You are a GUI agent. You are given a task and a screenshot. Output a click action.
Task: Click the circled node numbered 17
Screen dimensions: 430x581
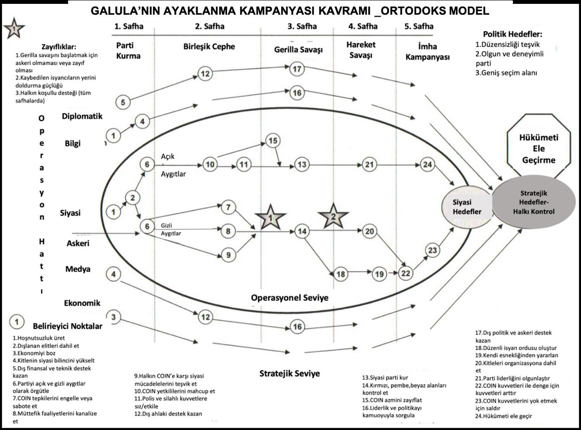[297, 69]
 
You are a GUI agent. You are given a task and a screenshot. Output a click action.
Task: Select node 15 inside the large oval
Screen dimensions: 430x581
[273, 141]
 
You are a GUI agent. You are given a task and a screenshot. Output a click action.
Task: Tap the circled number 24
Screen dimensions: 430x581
[428, 165]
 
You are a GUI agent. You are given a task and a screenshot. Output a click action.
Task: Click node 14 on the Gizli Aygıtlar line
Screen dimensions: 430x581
[302, 231]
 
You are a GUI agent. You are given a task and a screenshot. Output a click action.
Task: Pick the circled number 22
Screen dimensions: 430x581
[406, 273]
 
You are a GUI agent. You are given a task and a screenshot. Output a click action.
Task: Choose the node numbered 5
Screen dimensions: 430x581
[123, 102]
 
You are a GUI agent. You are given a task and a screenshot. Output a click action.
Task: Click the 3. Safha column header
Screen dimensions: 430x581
[302, 26]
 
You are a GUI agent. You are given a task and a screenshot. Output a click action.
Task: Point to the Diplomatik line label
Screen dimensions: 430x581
[82, 116]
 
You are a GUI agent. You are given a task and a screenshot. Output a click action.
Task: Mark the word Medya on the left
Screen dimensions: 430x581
[78, 269]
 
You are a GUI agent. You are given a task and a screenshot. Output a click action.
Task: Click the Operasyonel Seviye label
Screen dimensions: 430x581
[289, 298]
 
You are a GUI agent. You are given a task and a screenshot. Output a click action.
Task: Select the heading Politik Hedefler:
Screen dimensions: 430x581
[513, 34]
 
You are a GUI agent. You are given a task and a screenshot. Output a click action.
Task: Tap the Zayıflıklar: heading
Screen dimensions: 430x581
[59, 47]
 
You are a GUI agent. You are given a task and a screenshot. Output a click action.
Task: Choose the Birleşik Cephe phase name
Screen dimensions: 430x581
[209, 46]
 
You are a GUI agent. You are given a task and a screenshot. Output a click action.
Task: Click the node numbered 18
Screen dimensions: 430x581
[341, 274]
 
